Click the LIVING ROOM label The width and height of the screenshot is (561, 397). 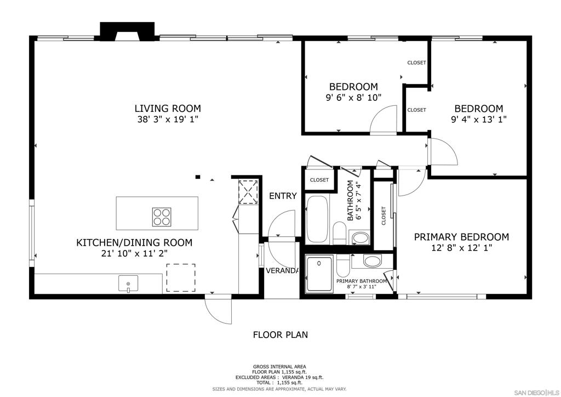click(168, 108)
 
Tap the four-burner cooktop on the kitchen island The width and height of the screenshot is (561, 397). click(162, 217)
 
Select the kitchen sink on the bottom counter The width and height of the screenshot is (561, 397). click(128, 283)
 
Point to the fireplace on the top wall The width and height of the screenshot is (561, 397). click(127, 31)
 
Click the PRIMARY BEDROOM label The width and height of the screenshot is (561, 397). click(461, 237)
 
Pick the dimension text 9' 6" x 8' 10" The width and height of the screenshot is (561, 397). click(353, 98)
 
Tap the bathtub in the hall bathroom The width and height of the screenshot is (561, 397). click(317, 219)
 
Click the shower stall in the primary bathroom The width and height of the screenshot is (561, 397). click(319, 273)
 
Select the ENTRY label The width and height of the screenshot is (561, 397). click(283, 196)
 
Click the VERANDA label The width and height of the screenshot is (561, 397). click(282, 271)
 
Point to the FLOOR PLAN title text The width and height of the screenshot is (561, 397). click(280, 334)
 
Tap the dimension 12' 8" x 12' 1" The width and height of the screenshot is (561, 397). click(461, 248)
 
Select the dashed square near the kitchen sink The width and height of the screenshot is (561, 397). click(181, 278)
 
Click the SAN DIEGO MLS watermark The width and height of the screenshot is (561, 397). click(536, 393)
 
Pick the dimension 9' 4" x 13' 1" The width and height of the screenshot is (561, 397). click(479, 119)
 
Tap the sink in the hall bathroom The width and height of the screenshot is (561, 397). click(360, 238)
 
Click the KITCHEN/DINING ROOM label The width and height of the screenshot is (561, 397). click(134, 243)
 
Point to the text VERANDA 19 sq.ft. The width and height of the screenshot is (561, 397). click(302, 377)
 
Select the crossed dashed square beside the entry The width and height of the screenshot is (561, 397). click(248, 192)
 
